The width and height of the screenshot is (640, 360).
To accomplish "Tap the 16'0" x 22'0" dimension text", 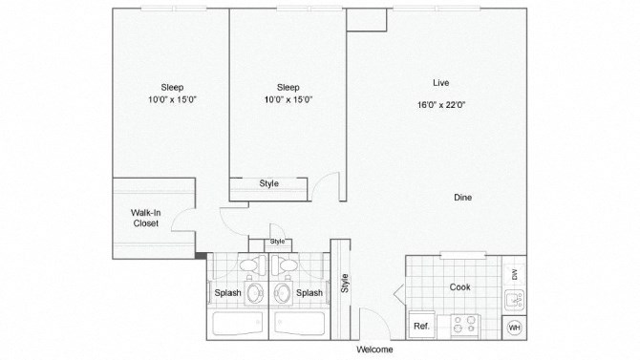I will pos(441,105).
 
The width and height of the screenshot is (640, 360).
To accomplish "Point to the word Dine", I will pos(462,198).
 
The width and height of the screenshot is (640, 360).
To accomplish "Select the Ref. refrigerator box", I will pos(421,327).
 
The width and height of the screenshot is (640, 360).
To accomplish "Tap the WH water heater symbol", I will pos(514,327).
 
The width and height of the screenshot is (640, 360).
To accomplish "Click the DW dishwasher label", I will pos(514,274).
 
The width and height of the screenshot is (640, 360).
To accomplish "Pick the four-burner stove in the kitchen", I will pos(464,325).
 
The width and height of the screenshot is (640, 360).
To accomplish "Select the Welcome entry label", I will pos(374,349).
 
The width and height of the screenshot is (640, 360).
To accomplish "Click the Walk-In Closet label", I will pos(145,218).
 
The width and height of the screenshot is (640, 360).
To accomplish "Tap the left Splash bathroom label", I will pos(226,293).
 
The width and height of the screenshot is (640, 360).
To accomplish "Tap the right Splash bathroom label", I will pos(309,293).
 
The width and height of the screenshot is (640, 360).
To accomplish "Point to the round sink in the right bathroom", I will pos(284,291).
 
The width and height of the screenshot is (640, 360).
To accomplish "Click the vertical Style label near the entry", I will pos(345,284).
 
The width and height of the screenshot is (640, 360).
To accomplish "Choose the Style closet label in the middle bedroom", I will pos(268,183).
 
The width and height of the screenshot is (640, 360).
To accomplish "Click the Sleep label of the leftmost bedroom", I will pos(172,86).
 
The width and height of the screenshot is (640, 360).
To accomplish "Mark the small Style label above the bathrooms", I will pos(277,242).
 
